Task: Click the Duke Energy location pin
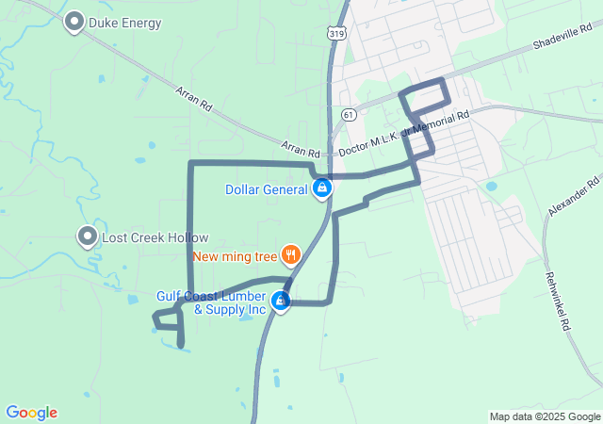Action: (x=74, y=22)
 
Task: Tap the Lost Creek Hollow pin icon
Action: (x=89, y=236)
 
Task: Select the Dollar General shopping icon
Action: (x=322, y=188)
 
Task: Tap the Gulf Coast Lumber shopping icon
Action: (x=281, y=302)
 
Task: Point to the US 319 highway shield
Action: (x=334, y=33)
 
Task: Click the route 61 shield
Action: (x=349, y=115)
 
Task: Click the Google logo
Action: (x=31, y=413)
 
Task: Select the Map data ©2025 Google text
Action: (x=545, y=416)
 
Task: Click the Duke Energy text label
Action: (x=125, y=23)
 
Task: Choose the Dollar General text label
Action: (x=267, y=189)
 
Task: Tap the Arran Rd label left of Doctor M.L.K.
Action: (x=301, y=150)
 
